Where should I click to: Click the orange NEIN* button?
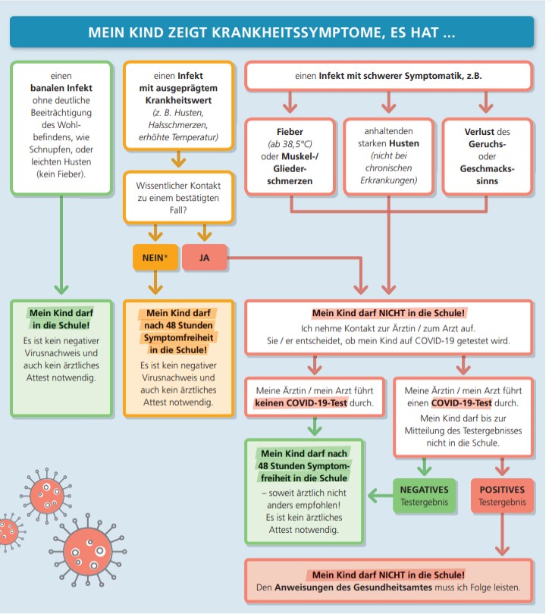click(155, 257)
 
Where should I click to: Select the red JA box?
click(205, 257)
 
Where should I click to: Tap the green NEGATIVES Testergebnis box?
click(425, 495)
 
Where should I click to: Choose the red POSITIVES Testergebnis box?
click(502, 495)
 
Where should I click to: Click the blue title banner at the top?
click(271, 32)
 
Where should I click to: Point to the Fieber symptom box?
click(290, 156)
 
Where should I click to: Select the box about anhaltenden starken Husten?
click(389, 156)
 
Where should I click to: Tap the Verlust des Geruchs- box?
click(488, 156)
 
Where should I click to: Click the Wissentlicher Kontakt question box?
click(178, 197)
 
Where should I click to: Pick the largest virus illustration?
click(88, 550)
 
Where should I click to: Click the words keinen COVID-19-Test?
click(301, 403)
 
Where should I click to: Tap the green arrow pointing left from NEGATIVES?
click(381, 496)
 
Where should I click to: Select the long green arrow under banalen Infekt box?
click(61, 245)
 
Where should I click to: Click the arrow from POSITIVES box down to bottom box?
click(502, 534)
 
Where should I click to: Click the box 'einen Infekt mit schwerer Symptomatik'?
click(389, 76)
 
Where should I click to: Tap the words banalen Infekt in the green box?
click(61, 88)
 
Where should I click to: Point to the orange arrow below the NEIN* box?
click(155, 282)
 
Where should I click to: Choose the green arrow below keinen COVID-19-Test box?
click(315, 427)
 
